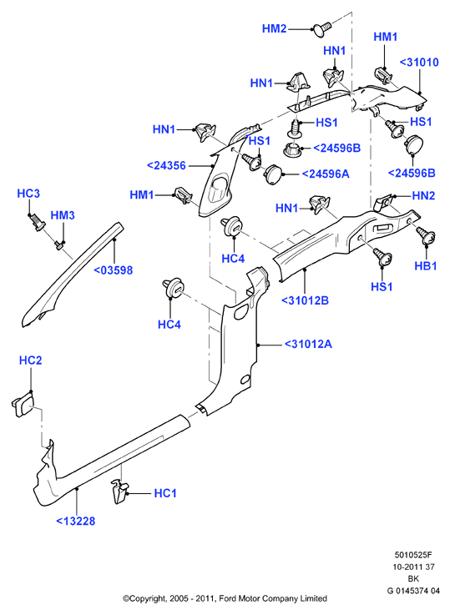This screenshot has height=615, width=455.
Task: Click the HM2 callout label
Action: coord(274,28)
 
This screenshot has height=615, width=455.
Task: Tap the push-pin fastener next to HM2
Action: coord(321,29)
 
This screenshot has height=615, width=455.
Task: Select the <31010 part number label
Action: coord(419,62)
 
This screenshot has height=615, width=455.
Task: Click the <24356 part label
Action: coord(166,165)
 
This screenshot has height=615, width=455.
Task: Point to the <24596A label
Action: coord(325,174)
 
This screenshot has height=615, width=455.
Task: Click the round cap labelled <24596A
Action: coord(274,174)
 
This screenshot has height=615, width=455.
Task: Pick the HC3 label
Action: coord(28,194)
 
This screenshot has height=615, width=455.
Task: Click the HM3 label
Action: coord(63,215)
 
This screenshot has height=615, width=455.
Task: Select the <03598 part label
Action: coord(114,270)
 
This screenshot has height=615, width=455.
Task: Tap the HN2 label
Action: coord(423,195)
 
